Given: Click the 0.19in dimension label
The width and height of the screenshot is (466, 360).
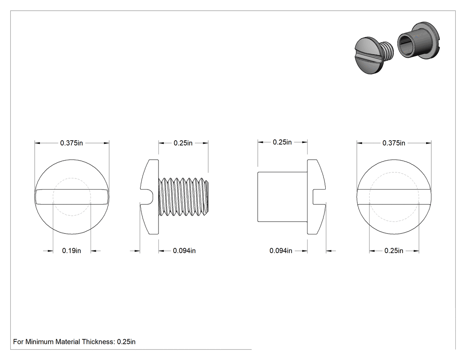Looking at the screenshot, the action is coord(71,251).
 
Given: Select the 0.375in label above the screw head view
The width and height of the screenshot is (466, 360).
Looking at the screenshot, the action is coord(71,143).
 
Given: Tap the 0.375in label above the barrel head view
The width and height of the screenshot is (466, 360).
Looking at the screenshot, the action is coord(394,143).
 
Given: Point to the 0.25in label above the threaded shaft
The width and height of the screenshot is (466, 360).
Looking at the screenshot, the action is coord(183,143).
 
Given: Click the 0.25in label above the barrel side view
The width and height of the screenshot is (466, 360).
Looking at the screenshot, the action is coord(282,142).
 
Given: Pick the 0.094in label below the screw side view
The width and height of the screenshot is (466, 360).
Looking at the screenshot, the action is coord(184,251).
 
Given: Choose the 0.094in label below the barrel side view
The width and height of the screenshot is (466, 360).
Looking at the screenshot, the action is coord(280,251).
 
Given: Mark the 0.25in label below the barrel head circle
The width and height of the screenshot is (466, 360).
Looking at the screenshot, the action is coord(394,251).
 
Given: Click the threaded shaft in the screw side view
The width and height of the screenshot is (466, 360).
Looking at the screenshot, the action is coord(183,197).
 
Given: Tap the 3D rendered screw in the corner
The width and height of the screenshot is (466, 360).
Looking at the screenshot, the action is coord(374,55).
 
